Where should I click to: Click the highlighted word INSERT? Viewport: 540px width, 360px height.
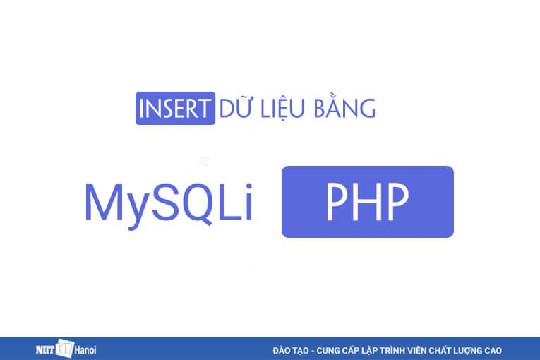174,110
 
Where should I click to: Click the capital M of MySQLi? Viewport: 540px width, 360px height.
102,202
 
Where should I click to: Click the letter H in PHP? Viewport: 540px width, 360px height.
367,202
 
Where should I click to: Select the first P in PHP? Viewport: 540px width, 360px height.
336,202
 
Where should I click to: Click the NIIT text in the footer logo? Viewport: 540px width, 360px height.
47,349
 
